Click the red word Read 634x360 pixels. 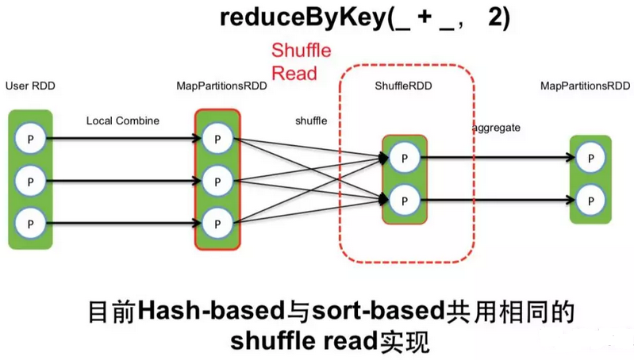point(294,73)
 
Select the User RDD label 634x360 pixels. point(30,85)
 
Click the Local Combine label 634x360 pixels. point(123,121)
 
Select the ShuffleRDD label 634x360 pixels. point(404,85)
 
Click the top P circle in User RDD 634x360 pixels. point(30,139)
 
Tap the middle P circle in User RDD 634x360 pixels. point(30,181)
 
